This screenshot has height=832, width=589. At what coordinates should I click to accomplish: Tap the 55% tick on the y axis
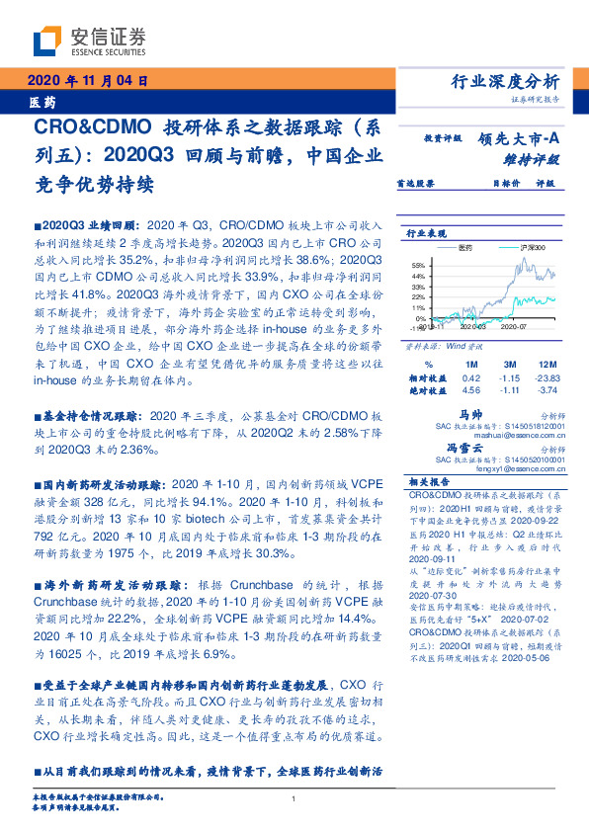click(x=418, y=265)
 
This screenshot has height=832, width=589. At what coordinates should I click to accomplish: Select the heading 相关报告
click(x=431, y=481)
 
